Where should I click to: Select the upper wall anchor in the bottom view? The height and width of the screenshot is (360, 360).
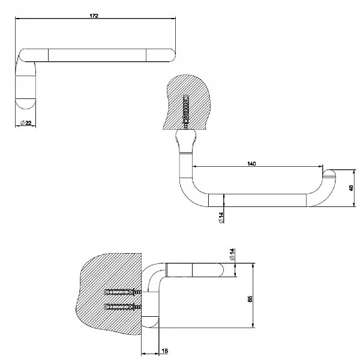click(121, 293)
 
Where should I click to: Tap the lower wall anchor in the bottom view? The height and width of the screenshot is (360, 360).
click(121, 307)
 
